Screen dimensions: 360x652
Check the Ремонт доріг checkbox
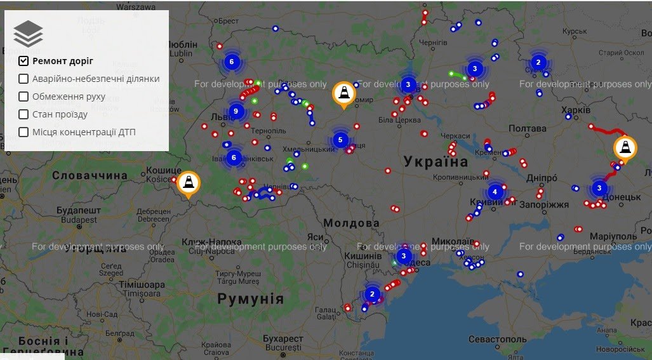[23, 61]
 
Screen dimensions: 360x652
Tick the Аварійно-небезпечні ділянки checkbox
[23, 79]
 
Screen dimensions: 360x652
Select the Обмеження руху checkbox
[23, 97]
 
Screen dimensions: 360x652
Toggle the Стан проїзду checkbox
[23, 114]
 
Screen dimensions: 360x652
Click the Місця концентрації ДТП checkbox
[23, 132]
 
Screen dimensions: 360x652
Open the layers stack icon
[28, 34]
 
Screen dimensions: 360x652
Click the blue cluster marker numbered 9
[236, 111]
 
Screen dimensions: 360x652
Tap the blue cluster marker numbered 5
[340, 140]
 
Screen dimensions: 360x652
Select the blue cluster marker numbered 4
[495, 191]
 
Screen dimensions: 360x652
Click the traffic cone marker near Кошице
[188, 183]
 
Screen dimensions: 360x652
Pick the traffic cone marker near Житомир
[344, 94]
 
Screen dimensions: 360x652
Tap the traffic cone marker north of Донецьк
[625, 149]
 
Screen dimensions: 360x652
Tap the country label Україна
[436, 161]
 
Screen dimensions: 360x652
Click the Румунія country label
[250, 298]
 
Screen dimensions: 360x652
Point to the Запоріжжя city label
[544, 204]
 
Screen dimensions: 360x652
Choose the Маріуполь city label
[613, 236]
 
